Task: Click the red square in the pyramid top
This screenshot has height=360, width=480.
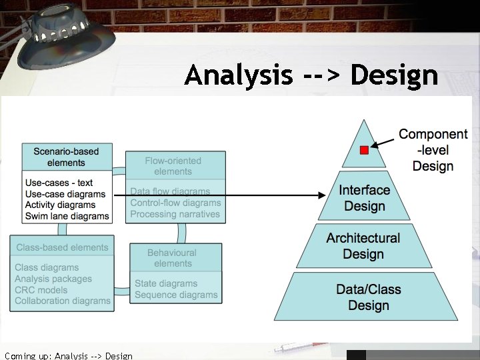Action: [x=364, y=151]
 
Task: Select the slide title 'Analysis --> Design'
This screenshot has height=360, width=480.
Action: [x=311, y=75]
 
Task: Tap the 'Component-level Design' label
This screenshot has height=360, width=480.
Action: [x=433, y=150]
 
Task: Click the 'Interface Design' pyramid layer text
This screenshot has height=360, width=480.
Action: [x=364, y=198]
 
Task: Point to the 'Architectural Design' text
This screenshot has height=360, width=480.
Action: [x=363, y=246]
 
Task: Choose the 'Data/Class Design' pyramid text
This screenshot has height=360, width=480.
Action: [x=368, y=297]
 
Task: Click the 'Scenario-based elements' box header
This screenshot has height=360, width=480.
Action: [x=66, y=157]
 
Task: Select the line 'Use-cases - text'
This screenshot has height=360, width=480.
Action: [x=59, y=183]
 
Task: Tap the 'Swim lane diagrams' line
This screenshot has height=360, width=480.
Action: [x=67, y=216]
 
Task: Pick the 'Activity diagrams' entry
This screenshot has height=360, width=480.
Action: [x=60, y=205]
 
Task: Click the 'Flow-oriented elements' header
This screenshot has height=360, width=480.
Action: [x=173, y=166]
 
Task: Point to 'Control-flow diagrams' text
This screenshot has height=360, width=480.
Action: [x=175, y=203]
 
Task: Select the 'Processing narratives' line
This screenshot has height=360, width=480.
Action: [x=175, y=214]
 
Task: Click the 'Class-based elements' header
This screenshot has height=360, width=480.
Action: [x=62, y=247]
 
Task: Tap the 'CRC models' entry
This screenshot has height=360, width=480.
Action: [x=41, y=290]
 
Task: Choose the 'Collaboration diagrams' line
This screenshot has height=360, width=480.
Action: [x=63, y=301]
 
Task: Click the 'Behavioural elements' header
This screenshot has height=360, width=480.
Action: [x=172, y=258]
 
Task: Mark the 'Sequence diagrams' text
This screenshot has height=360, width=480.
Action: [x=176, y=295]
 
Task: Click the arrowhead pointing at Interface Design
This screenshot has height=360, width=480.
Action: [x=323, y=195]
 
